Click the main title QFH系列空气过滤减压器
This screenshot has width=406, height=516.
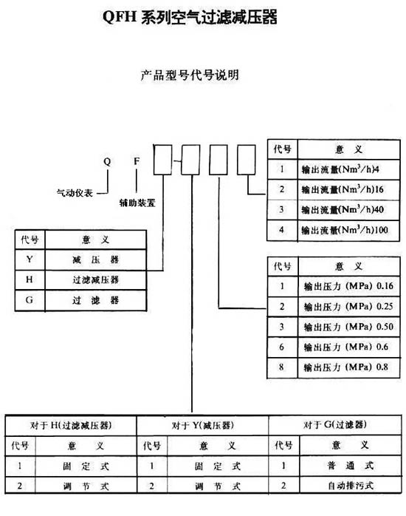(x=190, y=17)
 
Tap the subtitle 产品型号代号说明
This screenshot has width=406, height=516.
(x=190, y=75)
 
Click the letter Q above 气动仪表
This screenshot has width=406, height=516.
(x=107, y=162)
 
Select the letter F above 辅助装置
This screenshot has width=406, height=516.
(x=137, y=161)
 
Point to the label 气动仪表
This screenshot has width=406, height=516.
(x=75, y=193)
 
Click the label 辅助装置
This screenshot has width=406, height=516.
(x=137, y=203)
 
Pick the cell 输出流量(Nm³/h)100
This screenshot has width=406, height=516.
(x=345, y=230)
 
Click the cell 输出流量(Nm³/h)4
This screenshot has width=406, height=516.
(x=340, y=169)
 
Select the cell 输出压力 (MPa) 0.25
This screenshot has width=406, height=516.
(x=348, y=306)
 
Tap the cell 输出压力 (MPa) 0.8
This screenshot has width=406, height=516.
(x=346, y=367)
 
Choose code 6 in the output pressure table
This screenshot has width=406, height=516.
(x=281, y=347)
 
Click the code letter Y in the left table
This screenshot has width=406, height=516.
(x=30, y=259)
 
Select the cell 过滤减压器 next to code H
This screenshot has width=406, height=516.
(x=95, y=279)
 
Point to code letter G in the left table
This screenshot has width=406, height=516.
(x=29, y=300)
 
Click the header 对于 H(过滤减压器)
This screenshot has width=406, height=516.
(x=71, y=425)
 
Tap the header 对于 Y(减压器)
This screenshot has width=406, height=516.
(x=203, y=425)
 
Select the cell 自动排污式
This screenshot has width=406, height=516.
(x=351, y=486)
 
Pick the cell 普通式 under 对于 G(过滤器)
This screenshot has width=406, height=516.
(x=351, y=465)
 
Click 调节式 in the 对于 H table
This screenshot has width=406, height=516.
(x=86, y=486)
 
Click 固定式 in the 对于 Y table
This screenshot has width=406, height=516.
(x=218, y=466)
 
